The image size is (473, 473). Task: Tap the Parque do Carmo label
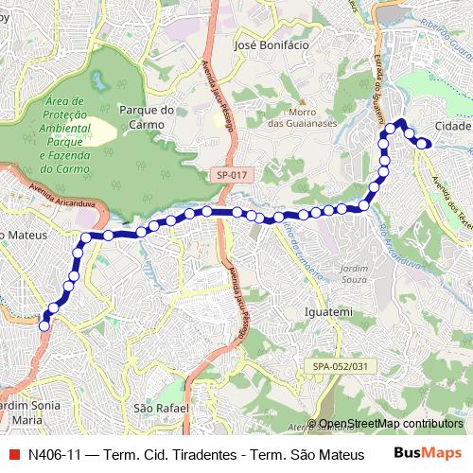tap(143, 116)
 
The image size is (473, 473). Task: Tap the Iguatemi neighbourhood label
tap(329, 311)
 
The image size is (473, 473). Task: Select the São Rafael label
tap(156, 408)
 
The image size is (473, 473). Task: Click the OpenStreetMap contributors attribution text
tap(390, 423)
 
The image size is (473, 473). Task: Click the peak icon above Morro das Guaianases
tap(302, 102)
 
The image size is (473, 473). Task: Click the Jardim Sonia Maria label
tap(33, 412)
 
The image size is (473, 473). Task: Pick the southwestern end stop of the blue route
tap(44, 326)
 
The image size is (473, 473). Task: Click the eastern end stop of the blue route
tap(427, 144)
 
